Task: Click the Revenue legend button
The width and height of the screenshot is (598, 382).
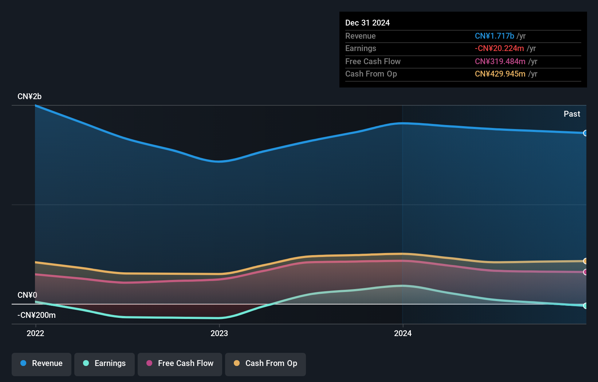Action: [42, 363]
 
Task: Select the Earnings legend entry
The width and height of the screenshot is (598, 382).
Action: [105, 363]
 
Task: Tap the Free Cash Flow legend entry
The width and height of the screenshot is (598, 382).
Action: [180, 363]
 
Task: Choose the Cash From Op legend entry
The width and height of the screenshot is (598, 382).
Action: [265, 363]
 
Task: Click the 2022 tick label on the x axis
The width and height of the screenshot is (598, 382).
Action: [35, 333]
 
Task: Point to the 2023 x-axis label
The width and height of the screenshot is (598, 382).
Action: [219, 333]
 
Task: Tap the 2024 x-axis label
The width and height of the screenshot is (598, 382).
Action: [403, 333]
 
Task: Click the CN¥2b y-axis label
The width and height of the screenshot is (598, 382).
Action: [29, 97]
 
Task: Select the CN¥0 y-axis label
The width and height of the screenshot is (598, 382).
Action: [27, 295]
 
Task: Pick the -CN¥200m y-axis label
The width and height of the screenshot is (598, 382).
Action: [37, 315]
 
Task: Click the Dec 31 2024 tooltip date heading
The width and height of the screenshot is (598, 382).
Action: [367, 23]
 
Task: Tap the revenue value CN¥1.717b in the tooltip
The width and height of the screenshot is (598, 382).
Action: [494, 36]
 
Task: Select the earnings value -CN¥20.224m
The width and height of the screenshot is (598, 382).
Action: [499, 48]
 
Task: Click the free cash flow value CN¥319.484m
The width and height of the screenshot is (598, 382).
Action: [500, 61]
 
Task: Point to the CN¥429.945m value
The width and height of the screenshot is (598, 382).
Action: [500, 74]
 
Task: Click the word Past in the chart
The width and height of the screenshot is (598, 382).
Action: [572, 114]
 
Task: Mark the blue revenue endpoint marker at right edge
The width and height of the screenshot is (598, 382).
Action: [585, 133]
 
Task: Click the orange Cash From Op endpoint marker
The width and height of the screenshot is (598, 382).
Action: [585, 261]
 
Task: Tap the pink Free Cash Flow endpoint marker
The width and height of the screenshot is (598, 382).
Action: [585, 272]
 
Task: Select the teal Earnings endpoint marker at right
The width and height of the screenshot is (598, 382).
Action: [585, 306]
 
